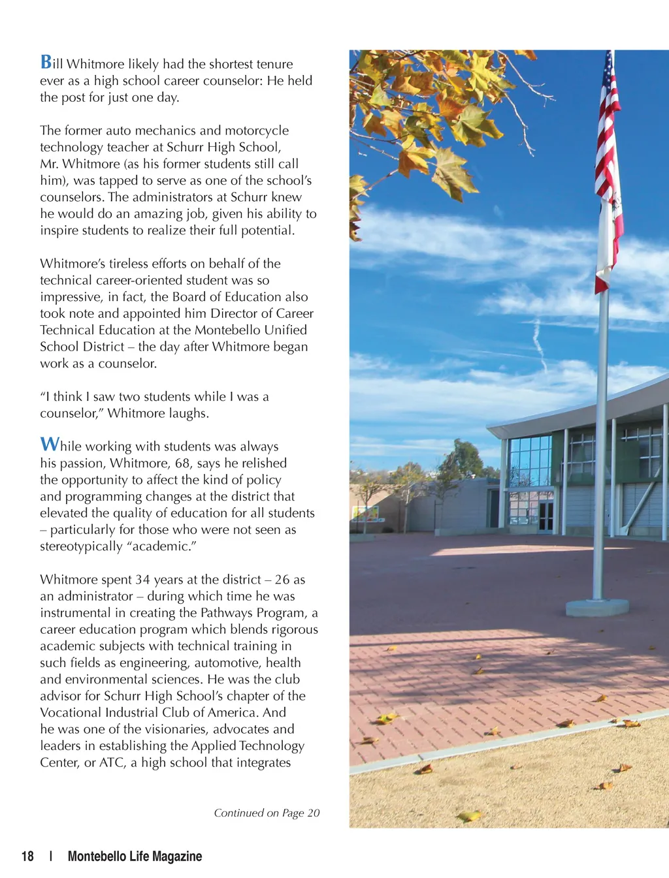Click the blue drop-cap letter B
pos(46,62)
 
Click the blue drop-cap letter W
pos(50,445)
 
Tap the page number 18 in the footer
pos(27,856)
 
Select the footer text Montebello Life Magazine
pos(135,856)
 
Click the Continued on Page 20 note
pos(267,813)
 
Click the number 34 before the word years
pos(142,580)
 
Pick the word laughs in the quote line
pos(188,413)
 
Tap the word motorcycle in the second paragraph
pos(257,131)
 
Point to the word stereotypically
pos(81,546)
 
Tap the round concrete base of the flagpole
pos(597,607)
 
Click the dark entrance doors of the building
pos(546,516)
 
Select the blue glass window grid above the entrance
pos(530,461)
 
